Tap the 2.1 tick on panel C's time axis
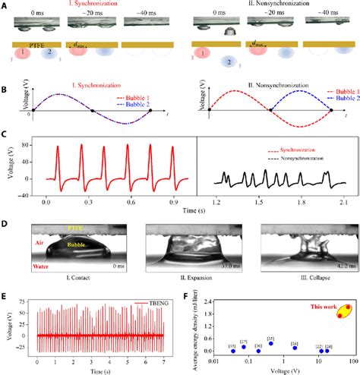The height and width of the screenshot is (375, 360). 344,205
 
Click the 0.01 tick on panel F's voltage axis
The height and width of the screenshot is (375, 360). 210,361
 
